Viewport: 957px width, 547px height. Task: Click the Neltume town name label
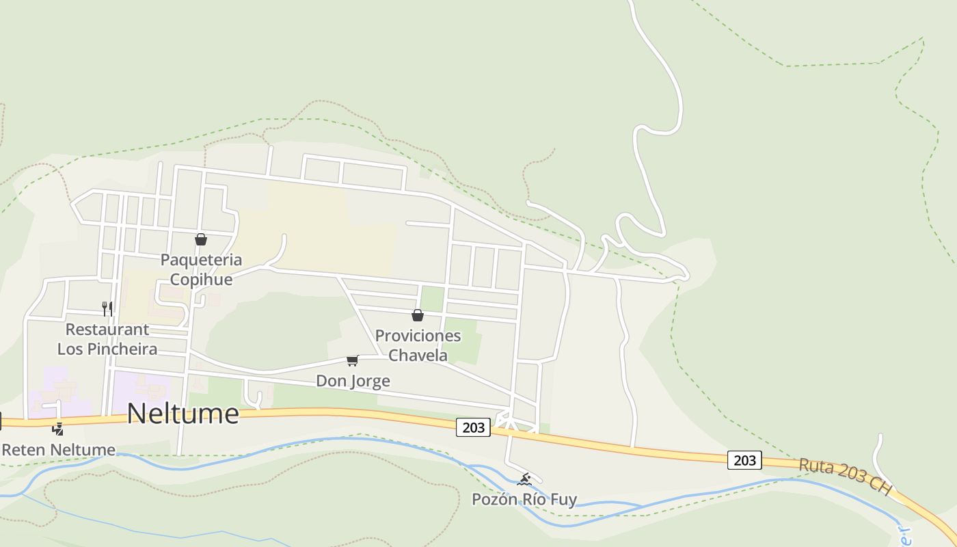(x=183, y=414)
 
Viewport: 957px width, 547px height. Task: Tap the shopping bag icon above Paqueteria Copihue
(x=201, y=239)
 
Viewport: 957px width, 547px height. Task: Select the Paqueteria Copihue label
(x=201, y=269)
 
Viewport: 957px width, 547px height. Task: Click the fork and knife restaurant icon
(x=107, y=308)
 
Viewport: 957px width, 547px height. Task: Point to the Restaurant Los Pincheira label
(x=107, y=339)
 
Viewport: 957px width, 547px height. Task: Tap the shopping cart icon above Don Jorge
(x=352, y=360)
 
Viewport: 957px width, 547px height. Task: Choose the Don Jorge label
(x=353, y=381)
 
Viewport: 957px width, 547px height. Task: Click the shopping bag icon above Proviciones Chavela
(x=418, y=315)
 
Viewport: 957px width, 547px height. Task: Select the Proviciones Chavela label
(x=418, y=345)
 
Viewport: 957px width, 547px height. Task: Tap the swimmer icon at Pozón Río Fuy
(x=524, y=479)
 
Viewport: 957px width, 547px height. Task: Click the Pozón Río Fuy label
(x=524, y=500)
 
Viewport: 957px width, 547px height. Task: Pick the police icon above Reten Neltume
(x=59, y=429)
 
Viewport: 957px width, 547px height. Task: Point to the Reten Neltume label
(x=59, y=450)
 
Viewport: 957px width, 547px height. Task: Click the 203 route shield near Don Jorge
(x=473, y=428)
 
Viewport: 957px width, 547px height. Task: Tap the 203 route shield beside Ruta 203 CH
(x=744, y=460)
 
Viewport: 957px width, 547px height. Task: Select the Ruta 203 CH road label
(x=845, y=477)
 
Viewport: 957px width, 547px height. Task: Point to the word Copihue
(x=201, y=280)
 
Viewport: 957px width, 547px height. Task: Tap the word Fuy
(x=564, y=500)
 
